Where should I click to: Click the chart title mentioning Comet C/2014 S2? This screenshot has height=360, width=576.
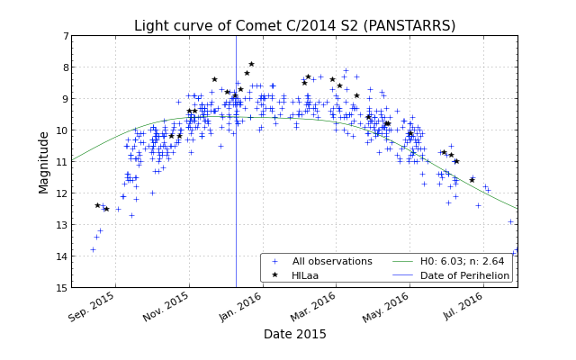coord(294,25)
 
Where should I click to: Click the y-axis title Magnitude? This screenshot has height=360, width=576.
coord(44,162)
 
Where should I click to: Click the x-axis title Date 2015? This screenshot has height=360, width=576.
coord(294,334)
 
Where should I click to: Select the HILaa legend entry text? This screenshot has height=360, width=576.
coord(306,275)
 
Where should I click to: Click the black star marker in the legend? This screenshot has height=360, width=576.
coord(274,275)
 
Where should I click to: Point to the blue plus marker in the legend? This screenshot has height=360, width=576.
coord(274,262)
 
